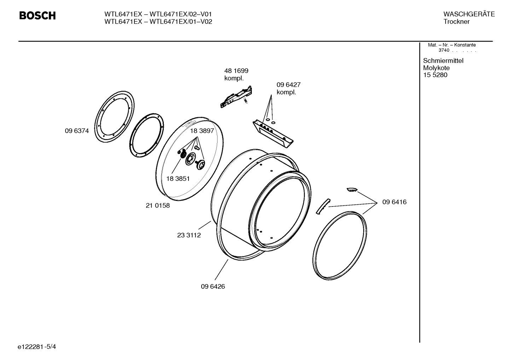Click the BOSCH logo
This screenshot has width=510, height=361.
37,16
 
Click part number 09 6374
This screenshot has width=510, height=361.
77,131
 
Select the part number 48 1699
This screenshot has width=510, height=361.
236,71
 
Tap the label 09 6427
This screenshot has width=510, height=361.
288,85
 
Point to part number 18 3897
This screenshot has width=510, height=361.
202,131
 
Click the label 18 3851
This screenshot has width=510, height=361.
178,179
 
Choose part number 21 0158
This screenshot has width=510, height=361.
157,205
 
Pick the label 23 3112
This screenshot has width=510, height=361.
189,235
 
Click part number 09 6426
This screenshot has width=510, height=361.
213,286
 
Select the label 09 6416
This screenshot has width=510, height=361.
394,202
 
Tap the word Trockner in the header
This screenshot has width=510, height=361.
456,22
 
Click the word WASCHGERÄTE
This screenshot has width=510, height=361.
469,14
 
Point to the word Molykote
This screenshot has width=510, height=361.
436,68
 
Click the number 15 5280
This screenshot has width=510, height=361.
435,75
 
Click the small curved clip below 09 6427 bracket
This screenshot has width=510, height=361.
352,190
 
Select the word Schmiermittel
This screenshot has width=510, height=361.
443,61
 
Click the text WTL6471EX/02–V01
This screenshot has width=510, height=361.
181,14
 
